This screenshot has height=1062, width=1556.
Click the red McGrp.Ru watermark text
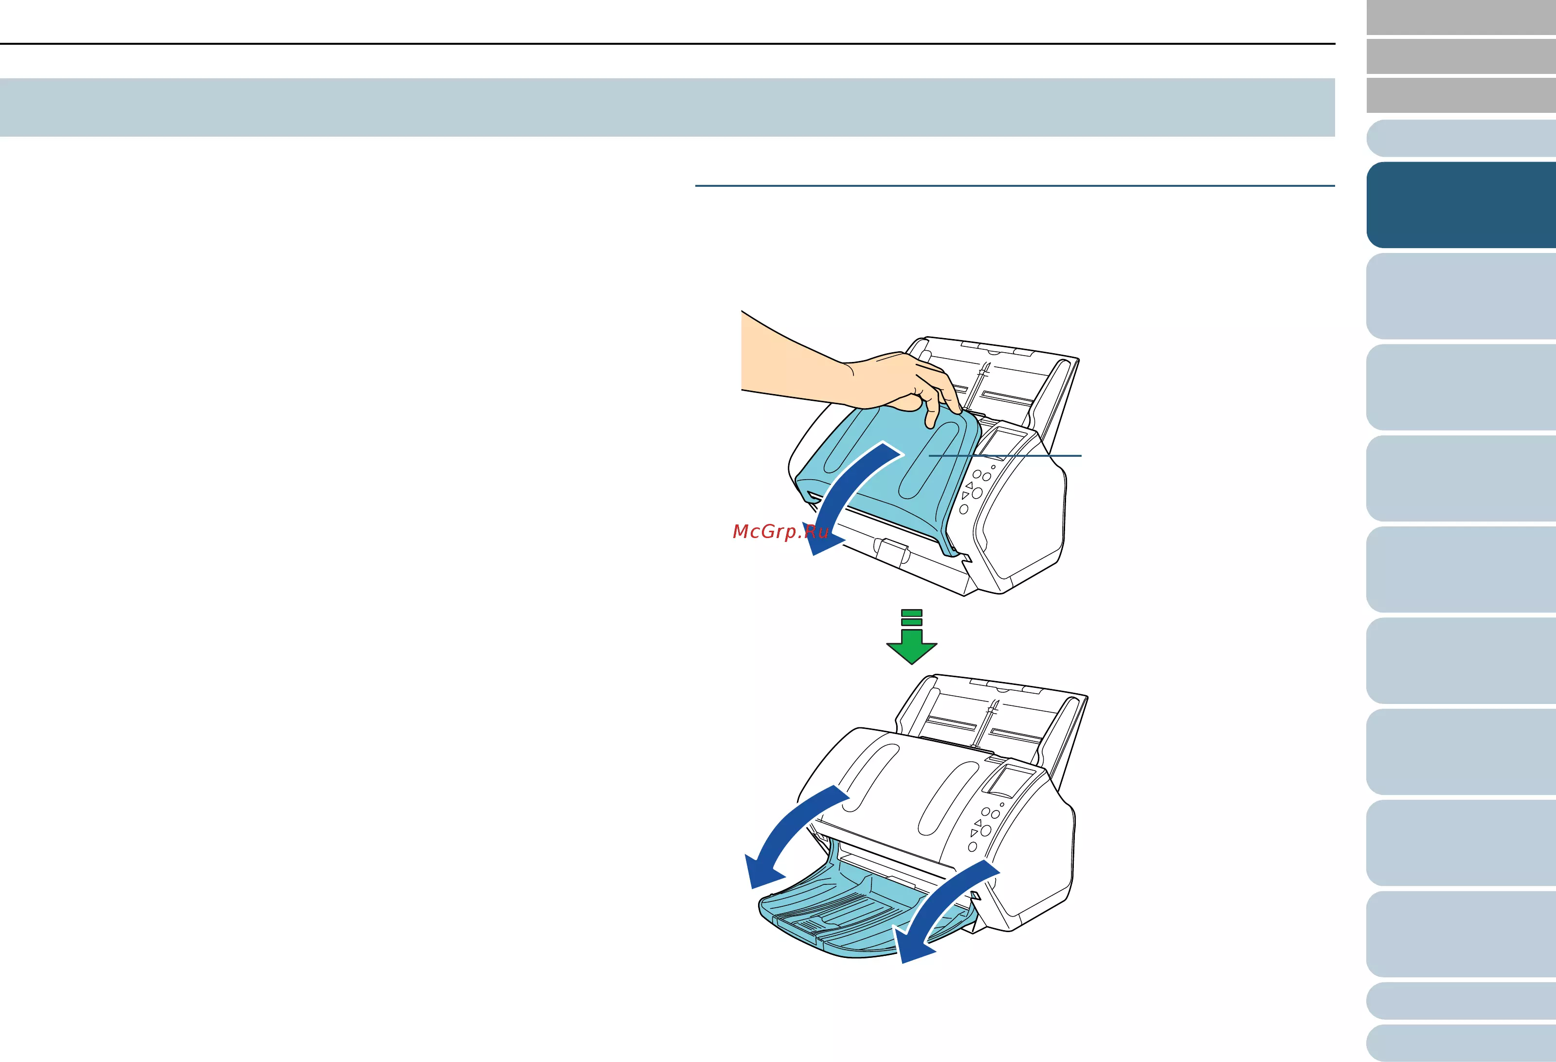tap(781, 532)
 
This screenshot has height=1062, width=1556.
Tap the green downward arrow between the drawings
tap(911, 637)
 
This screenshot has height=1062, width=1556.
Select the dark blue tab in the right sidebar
tap(1461, 205)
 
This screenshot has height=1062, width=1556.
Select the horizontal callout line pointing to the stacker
tap(1005, 456)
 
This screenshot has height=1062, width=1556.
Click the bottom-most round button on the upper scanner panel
tap(964, 509)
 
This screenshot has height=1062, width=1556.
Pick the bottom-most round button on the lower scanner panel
tap(973, 847)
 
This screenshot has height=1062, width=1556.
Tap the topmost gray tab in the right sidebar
tap(1461, 18)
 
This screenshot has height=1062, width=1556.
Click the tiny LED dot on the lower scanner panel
tap(1002, 804)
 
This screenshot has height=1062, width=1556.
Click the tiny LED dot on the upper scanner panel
tap(993, 467)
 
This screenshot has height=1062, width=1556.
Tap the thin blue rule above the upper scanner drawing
tap(1015, 185)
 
